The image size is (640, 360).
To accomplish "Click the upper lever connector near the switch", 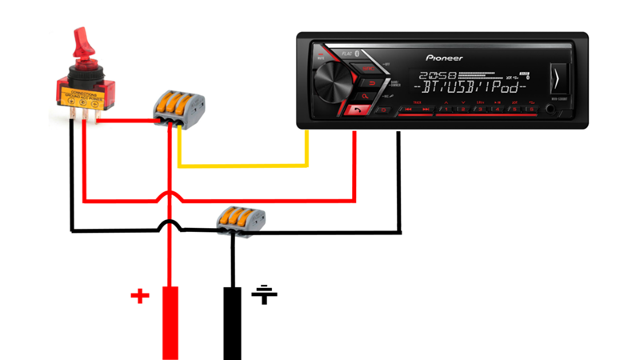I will (179, 106).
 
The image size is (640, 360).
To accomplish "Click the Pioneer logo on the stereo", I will (444, 58).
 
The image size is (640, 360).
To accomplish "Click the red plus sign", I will (140, 297).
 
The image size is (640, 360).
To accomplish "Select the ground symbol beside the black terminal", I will (265, 294).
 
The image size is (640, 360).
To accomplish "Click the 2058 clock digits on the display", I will (432, 74).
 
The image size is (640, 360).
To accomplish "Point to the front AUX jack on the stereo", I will (550, 108).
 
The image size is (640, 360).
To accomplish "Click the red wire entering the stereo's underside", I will (354, 160).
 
